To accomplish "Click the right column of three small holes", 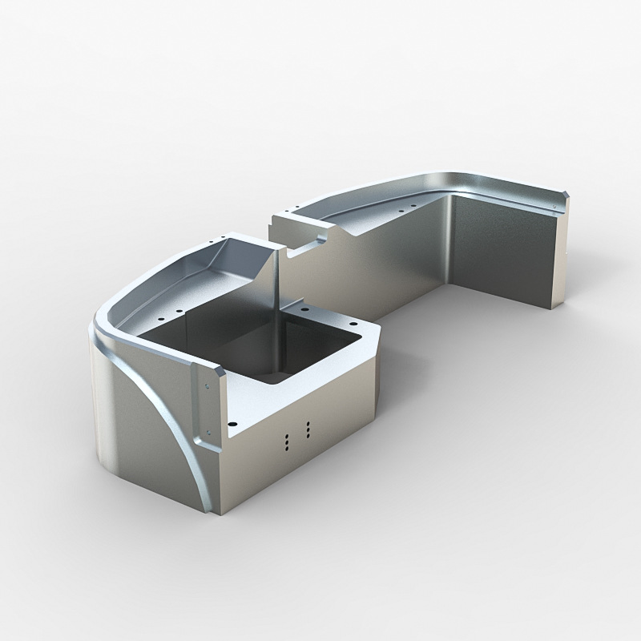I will tap(308, 429).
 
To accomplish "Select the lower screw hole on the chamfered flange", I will tap(207, 433).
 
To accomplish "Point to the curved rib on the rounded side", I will tap(172, 417).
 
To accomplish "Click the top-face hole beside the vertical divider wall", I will tap(304, 308).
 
